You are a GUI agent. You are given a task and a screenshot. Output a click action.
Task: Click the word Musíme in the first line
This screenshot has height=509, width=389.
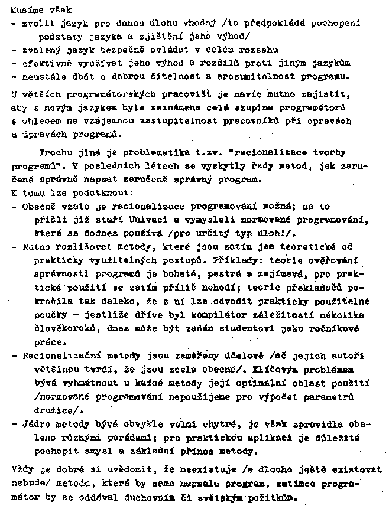click(x=23, y=9)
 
